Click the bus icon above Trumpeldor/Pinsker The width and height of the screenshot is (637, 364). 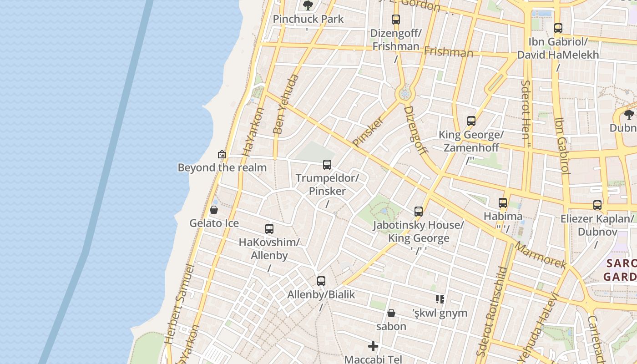(327, 165)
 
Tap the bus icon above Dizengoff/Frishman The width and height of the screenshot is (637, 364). (396, 20)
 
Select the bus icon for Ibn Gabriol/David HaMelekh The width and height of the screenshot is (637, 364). (558, 28)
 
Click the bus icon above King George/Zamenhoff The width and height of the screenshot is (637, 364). (471, 121)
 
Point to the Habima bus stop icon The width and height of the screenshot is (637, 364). (503, 203)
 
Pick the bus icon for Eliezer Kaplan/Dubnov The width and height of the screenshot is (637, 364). (597, 205)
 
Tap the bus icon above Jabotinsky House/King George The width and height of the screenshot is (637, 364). (419, 212)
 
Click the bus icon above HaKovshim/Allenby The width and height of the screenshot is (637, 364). (269, 229)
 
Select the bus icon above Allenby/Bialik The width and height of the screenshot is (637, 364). (321, 281)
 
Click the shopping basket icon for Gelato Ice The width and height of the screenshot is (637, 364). (214, 210)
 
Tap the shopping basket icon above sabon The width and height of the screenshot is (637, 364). (391, 313)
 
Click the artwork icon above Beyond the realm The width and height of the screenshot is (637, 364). (222, 154)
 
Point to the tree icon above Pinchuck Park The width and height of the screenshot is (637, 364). (308, 5)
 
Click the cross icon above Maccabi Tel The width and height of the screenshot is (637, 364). (373, 346)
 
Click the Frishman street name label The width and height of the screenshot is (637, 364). (448, 52)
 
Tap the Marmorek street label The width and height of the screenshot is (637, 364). (541, 255)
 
